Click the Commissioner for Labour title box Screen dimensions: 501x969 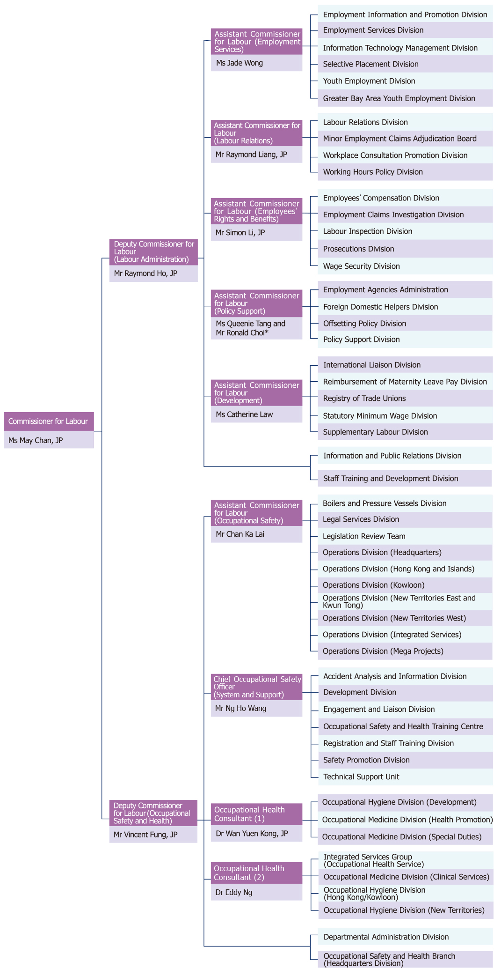49,422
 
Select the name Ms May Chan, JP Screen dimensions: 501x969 36,440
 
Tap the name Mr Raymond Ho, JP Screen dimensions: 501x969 145,274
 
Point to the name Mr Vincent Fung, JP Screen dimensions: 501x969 145,835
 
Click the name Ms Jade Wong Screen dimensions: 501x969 240,63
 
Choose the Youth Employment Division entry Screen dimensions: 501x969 369,81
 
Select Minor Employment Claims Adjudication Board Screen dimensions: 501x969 400,139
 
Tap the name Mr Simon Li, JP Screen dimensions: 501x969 240,233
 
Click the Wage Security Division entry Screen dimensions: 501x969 362,266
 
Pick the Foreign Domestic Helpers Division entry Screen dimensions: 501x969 381,307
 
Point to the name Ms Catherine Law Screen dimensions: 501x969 244,414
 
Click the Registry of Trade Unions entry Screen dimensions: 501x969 364,399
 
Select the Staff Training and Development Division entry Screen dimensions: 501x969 391,479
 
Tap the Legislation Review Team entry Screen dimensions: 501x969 364,537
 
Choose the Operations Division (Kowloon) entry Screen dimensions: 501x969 374,585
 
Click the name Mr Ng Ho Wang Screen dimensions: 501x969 241,709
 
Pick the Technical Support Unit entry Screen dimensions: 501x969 361,777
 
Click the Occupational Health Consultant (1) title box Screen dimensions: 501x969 256,814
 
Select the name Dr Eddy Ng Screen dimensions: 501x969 234,893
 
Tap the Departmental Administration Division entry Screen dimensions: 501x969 386,937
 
